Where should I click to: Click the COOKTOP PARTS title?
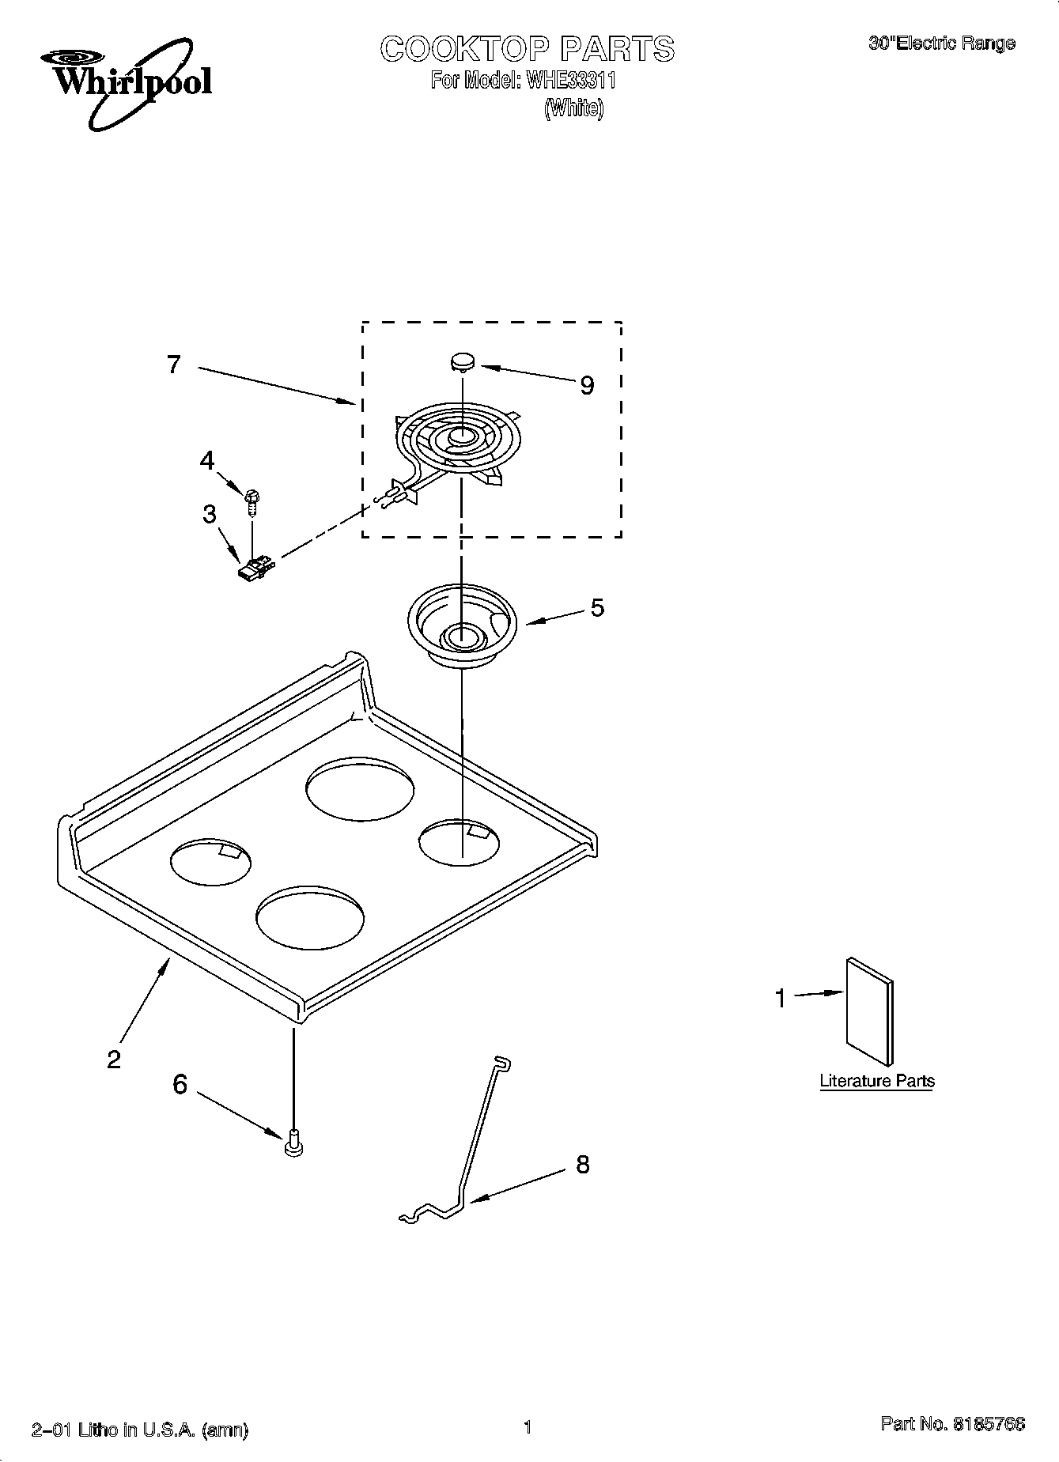coord(528,49)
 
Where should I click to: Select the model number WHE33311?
coord(565,81)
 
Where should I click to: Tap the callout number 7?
coord(174,365)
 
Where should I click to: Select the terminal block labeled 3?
coord(255,568)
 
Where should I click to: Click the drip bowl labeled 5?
coord(461,625)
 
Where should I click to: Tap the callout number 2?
coord(114,1059)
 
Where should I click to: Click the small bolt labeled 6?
coord(293,1143)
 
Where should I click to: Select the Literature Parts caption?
coord(876,1081)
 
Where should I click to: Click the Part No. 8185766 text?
coord(952,1424)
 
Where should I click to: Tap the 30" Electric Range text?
coord(941,44)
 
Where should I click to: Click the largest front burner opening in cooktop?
coord(310,918)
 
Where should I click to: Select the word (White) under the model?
coord(573,108)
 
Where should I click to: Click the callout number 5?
coord(597,607)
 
